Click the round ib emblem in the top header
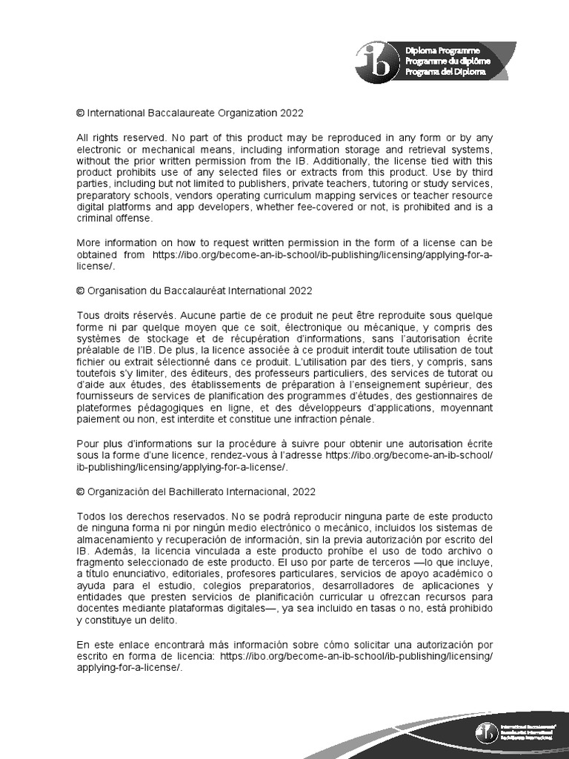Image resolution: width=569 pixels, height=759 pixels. pos(373,60)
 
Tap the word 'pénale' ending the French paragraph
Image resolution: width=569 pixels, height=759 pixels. pos(359,419)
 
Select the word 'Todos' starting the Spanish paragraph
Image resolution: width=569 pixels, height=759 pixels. pos(91,515)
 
